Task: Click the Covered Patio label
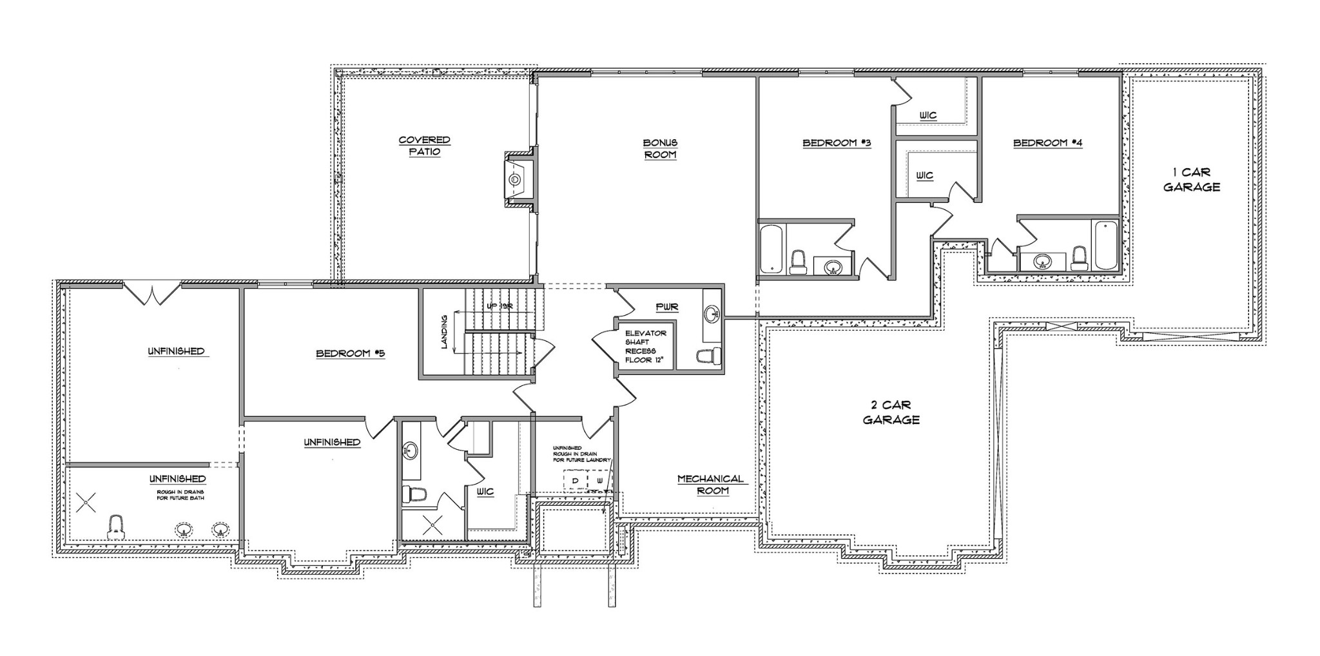click(424, 146)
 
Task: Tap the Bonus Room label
click(659, 148)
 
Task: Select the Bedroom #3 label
click(837, 143)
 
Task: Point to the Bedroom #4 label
click(1047, 143)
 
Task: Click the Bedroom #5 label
click(350, 353)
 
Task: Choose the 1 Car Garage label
click(1191, 180)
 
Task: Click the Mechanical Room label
click(710, 485)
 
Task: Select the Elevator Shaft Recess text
click(646, 347)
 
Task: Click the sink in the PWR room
click(712, 314)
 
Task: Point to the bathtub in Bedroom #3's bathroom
click(770, 249)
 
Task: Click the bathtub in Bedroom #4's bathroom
click(1105, 245)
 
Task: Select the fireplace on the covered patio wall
click(517, 180)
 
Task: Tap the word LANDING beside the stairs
click(444, 332)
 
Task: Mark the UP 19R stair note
click(500, 307)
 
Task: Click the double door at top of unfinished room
click(151, 293)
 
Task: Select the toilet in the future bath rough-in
click(116, 526)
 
